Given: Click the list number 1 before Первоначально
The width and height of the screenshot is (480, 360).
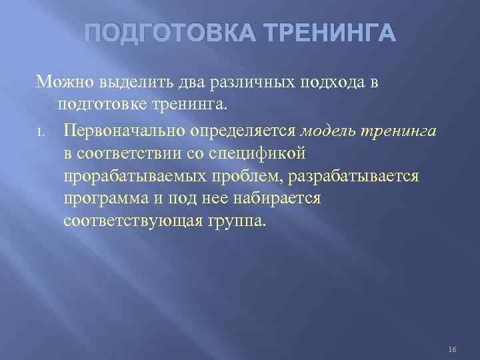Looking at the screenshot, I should pos(41,132).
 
